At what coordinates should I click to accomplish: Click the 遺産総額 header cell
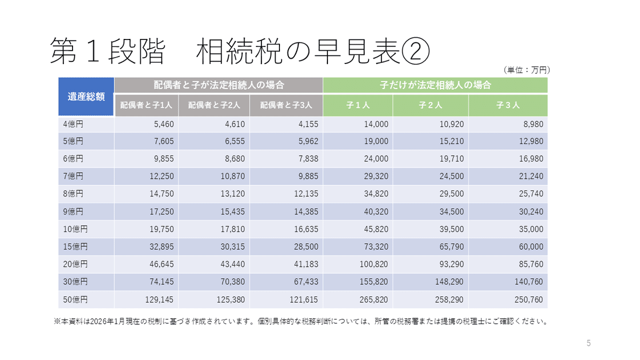(86, 97)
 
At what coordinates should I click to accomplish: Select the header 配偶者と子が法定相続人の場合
(218, 85)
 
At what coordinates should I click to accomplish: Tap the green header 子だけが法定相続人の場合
(435, 85)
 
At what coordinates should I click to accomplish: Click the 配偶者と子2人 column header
(214, 105)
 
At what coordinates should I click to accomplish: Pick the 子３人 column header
(508, 105)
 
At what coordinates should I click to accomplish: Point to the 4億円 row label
(73, 124)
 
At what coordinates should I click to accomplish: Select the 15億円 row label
(75, 247)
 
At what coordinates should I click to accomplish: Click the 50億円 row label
(75, 300)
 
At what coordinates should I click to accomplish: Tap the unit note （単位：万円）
(526, 70)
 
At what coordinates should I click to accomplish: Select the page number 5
(589, 343)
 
